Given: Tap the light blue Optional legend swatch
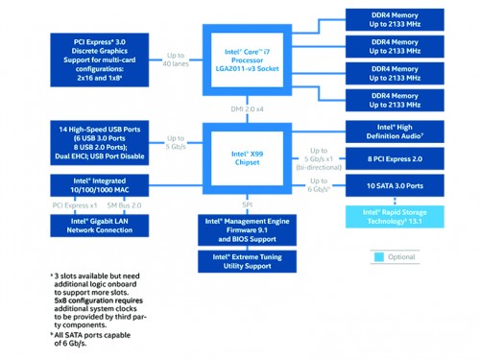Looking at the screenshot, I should [x=377, y=257].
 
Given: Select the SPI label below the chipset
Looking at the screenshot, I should [x=247, y=204].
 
